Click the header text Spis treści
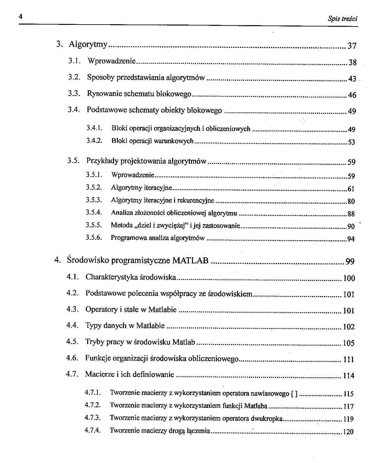tap(342, 18)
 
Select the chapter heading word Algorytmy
tap(88, 44)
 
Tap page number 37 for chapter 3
tap(352, 46)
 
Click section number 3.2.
tap(73, 77)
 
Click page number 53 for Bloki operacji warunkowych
tap(351, 142)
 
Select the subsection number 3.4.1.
tap(94, 128)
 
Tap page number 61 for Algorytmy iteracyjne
tap(351, 189)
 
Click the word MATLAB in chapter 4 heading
tap(190, 261)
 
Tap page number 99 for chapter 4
tap(350, 262)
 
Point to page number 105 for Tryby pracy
tap(349, 343)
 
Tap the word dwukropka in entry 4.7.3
tap(267, 418)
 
